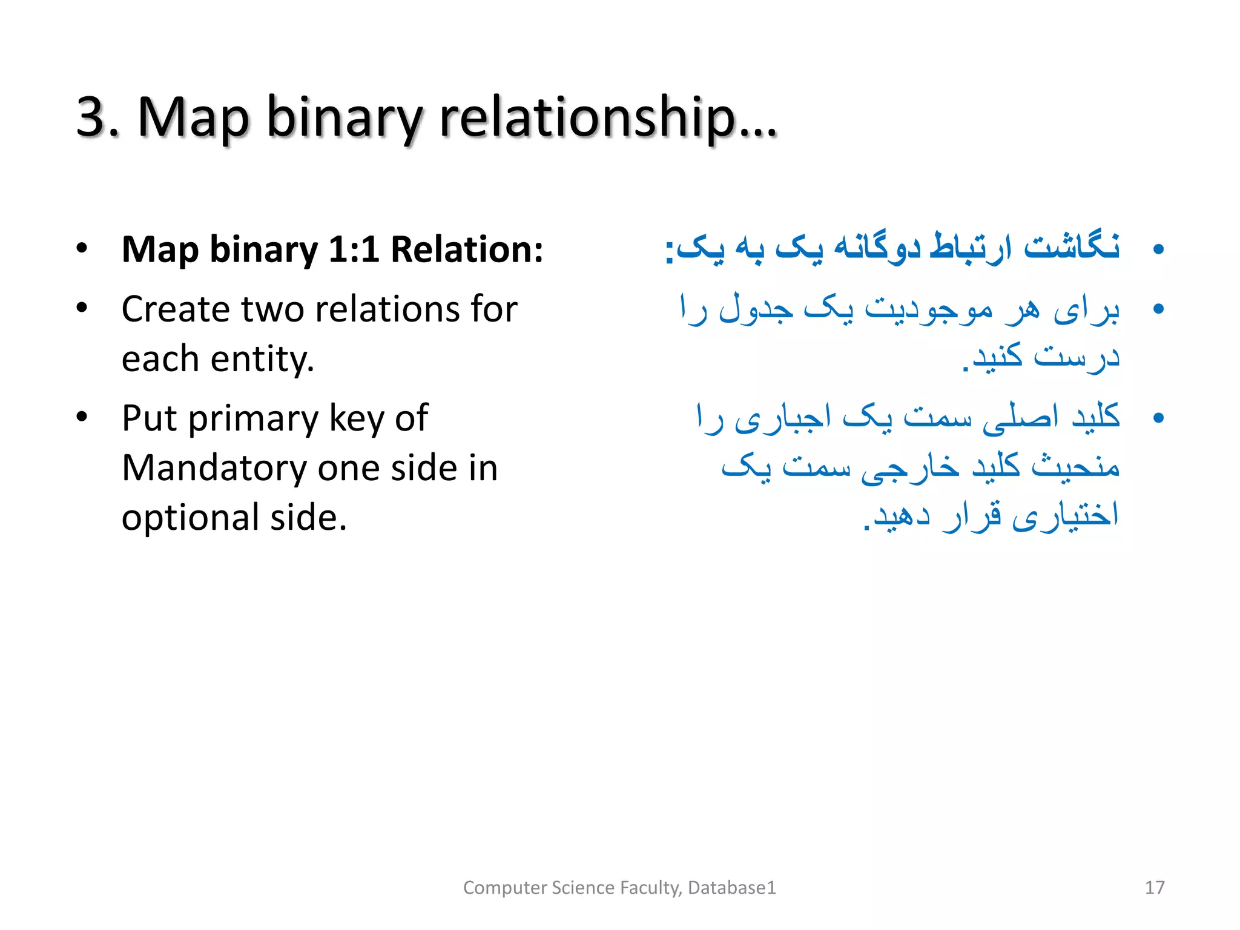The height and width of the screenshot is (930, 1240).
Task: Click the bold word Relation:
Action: [x=467, y=249]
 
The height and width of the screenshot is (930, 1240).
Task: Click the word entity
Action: [x=262, y=359]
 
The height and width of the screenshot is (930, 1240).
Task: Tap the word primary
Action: [x=252, y=419]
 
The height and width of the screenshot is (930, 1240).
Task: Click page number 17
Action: [x=1154, y=888]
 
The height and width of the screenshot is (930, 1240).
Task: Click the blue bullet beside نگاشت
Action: [x=1158, y=249]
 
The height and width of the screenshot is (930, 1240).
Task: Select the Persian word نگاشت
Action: [x=1071, y=248]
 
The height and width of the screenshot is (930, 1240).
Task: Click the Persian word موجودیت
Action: [x=929, y=309]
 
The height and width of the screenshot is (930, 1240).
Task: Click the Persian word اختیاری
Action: [x=1065, y=516]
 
